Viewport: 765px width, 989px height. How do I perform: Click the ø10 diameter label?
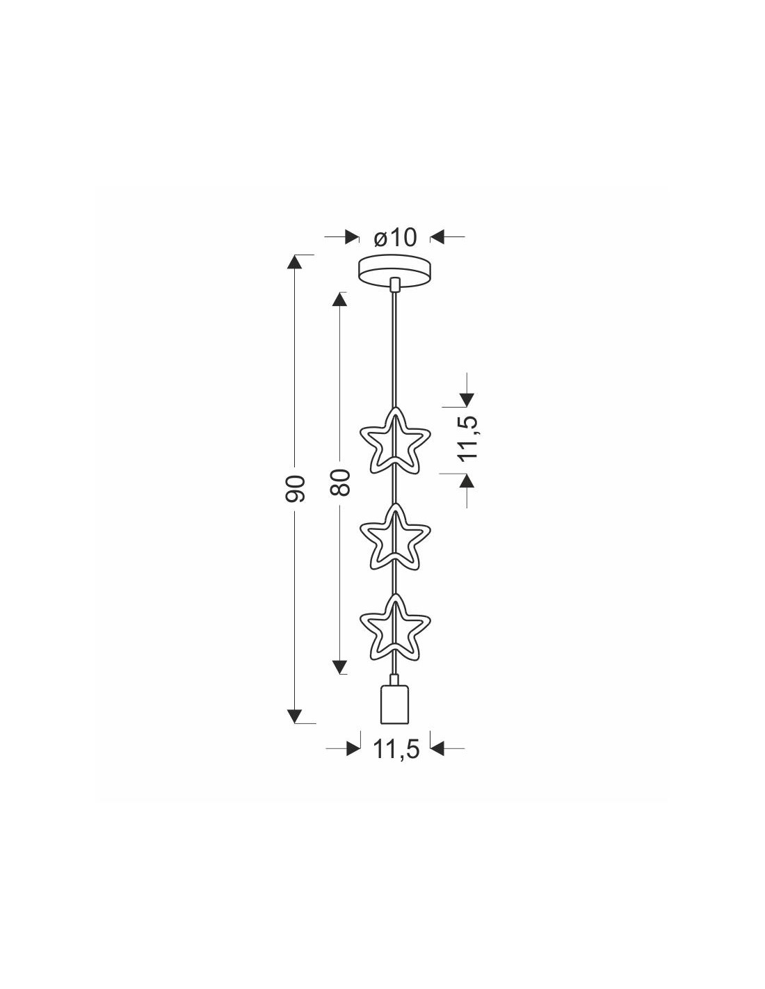tap(394, 237)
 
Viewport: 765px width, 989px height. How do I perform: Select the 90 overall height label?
tap(294, 488)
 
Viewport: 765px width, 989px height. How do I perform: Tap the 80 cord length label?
tap(339, 483)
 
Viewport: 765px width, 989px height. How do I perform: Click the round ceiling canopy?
tap(394, 271)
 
